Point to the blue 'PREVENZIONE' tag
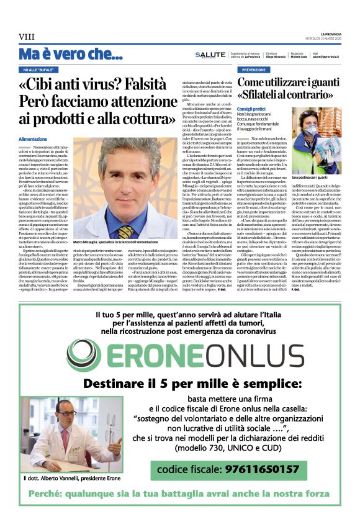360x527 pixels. click(253, 70)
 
